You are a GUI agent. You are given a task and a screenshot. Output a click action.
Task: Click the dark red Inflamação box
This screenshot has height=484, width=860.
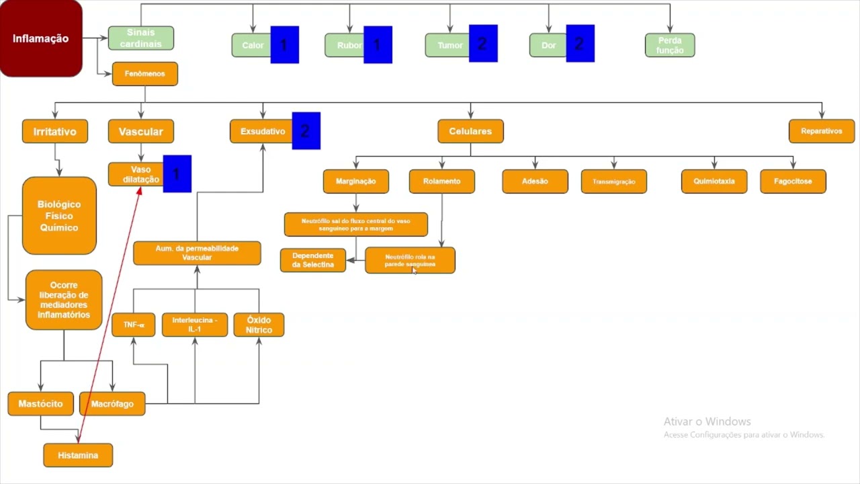(x=40, y=38)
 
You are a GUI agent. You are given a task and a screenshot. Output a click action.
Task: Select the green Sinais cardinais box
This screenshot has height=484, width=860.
(x=140, y=38)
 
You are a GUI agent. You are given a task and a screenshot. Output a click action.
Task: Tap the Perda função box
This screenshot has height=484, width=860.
(x=669, y=46)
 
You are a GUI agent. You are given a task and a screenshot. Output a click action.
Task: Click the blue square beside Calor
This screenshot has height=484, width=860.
(x=284, y=45)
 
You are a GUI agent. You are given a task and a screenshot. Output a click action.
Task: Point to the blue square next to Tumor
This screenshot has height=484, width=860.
(x=482, y=44)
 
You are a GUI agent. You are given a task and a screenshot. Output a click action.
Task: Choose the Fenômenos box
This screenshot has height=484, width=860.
(x=144, y=74)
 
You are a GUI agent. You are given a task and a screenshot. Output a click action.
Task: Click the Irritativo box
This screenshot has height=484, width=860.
(x=55, y=132)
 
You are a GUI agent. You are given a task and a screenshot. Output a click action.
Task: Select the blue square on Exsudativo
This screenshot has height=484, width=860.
(x=306, y=130)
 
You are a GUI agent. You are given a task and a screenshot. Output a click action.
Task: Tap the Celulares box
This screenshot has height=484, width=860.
(x=470, y=132)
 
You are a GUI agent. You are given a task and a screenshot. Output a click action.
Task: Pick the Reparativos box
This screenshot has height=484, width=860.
(x=821, y=132)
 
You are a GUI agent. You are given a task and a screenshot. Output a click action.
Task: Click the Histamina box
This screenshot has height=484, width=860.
(x=78, y=455)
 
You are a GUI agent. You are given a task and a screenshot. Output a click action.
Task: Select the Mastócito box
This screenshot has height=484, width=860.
(x=40, y=404)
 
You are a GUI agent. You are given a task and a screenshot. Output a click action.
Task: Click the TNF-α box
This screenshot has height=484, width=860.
(x=133, y=325)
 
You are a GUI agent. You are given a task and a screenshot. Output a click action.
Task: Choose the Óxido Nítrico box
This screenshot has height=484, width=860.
(x=259, y=325)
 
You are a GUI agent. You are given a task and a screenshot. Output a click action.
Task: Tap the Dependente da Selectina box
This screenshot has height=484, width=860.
(x=312, y=260)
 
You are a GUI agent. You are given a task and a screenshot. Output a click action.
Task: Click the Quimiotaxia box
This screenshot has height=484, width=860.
(x=714, y=182)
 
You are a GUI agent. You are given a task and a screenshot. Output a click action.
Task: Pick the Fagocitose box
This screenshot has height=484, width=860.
(x=793, y=182)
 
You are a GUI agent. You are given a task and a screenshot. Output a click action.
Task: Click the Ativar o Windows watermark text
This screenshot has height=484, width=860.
(x=707, y=421)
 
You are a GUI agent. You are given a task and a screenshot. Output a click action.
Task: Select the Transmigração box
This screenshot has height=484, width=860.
(x=613, y=182)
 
